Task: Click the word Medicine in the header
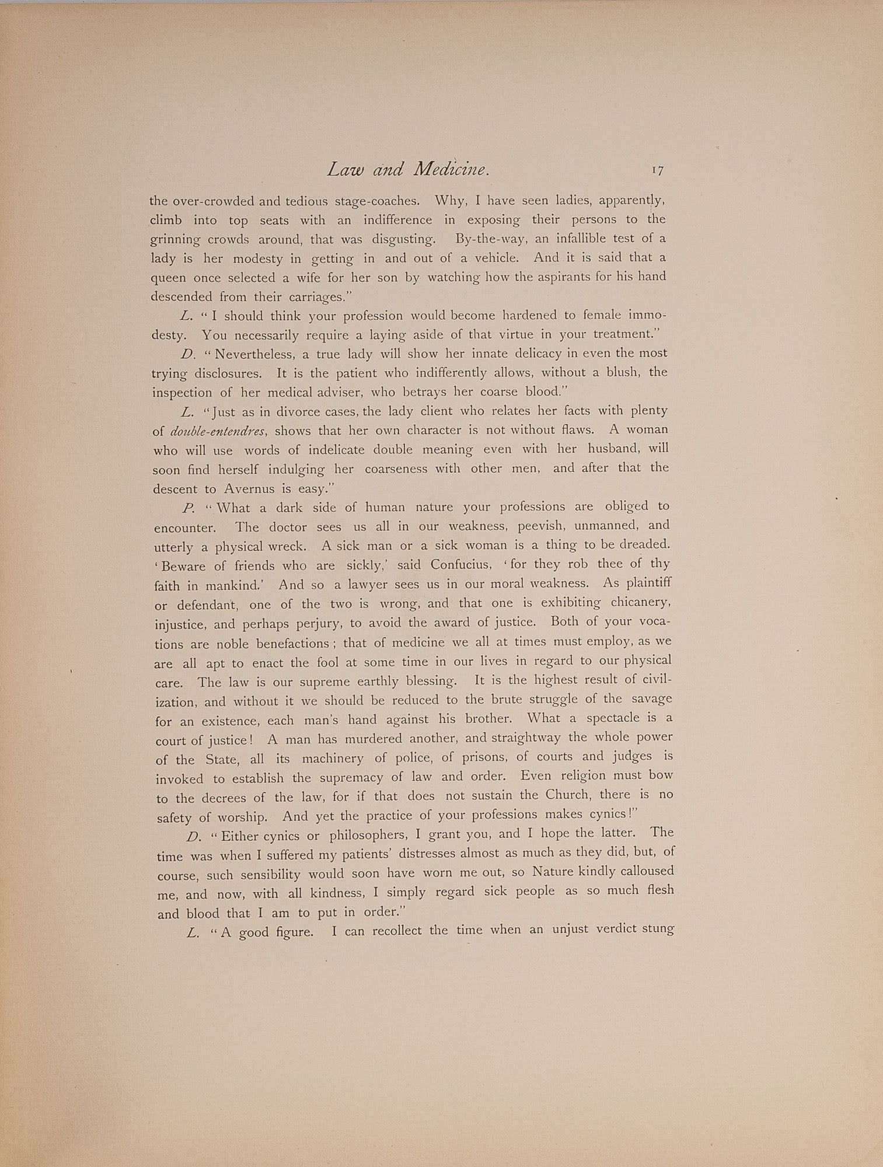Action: click(x=450, y=170)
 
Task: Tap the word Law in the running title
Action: click(x=345, y=170)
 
